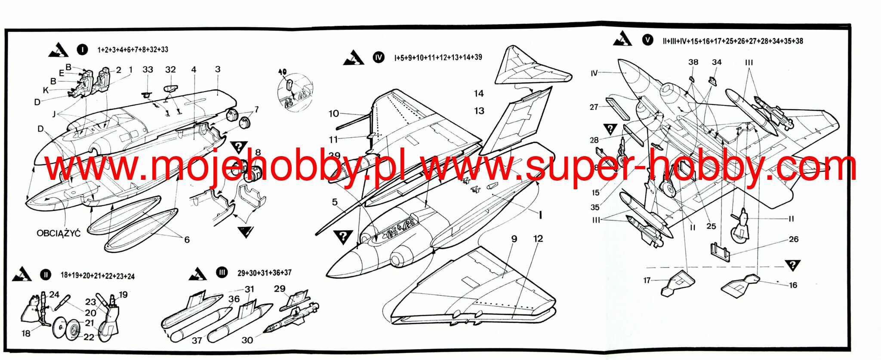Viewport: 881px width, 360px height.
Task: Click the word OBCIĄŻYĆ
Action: coord(58,234)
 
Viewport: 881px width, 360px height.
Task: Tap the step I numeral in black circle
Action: coord(82,49)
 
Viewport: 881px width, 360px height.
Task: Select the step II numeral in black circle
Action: coord(45,275)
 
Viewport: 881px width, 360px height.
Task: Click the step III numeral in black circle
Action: coord(222,272)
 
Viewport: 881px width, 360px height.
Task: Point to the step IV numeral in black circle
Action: coord(379,57)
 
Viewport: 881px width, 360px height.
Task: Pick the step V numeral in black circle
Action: coord(647,40)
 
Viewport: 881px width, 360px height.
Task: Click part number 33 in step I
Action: coord(148,70)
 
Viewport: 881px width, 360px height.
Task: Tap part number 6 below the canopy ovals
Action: coord(187,240)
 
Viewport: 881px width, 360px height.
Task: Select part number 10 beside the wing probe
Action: coord(334,114)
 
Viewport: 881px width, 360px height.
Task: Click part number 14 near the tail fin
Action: coord(479,93)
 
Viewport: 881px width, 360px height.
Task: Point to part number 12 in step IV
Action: coord(538,239)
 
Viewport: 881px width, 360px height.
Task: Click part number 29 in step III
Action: coord(280,289)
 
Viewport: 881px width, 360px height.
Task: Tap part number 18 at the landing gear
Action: coord(26,333)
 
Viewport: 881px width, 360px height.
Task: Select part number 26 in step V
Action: coord(794,239)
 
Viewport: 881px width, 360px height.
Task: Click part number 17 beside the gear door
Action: coord(647,280)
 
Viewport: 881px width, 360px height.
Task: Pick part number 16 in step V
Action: coord(793,285)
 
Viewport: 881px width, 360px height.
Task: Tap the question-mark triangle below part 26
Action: coord(792,265)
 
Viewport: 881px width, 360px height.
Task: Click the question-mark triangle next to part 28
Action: coord(610,129)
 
